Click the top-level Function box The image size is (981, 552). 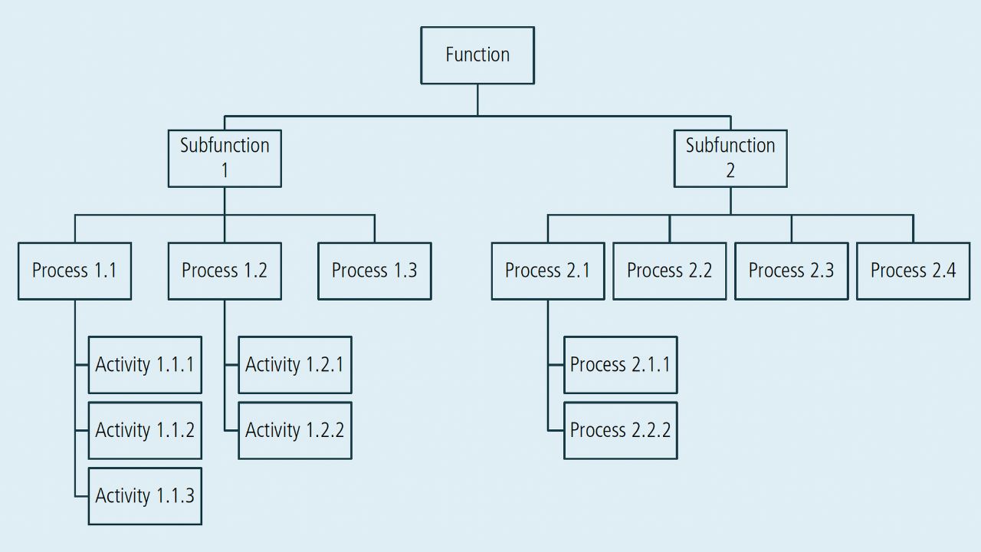point(477,55)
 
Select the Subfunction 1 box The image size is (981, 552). point(225,158)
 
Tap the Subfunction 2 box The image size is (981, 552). point(730,158)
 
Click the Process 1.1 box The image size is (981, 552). point(74,271)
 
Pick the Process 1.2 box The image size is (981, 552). point(225,271)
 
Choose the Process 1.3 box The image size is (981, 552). point(374,271)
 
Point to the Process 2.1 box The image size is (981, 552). point(547,271)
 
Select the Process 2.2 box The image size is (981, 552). point(669,271)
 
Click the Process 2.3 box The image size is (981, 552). point(791,271)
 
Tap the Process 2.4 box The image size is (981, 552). point(913,271)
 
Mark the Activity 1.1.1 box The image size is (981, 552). point(145,365)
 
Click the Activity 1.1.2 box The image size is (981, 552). point(145,430)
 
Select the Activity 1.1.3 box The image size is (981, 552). point(145,496)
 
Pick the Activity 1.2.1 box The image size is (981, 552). point(295,365)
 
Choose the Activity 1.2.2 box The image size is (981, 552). point(295,430)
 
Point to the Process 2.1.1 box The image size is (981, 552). point(620,365)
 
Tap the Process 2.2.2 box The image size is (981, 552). point(620,430)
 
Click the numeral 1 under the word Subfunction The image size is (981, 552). point(225,171)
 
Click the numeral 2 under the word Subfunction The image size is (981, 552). point(730,171)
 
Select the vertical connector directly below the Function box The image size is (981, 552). point(477,100)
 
